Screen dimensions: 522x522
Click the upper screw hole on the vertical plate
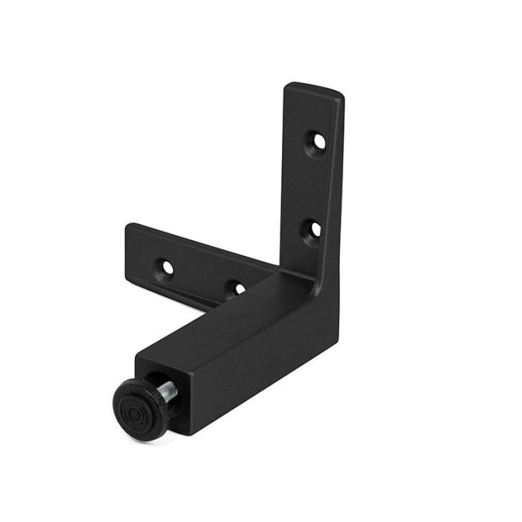tap(318, 140)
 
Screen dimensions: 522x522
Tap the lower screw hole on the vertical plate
tap(315, 228)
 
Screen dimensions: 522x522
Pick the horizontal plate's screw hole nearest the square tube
tap(237, 288)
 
